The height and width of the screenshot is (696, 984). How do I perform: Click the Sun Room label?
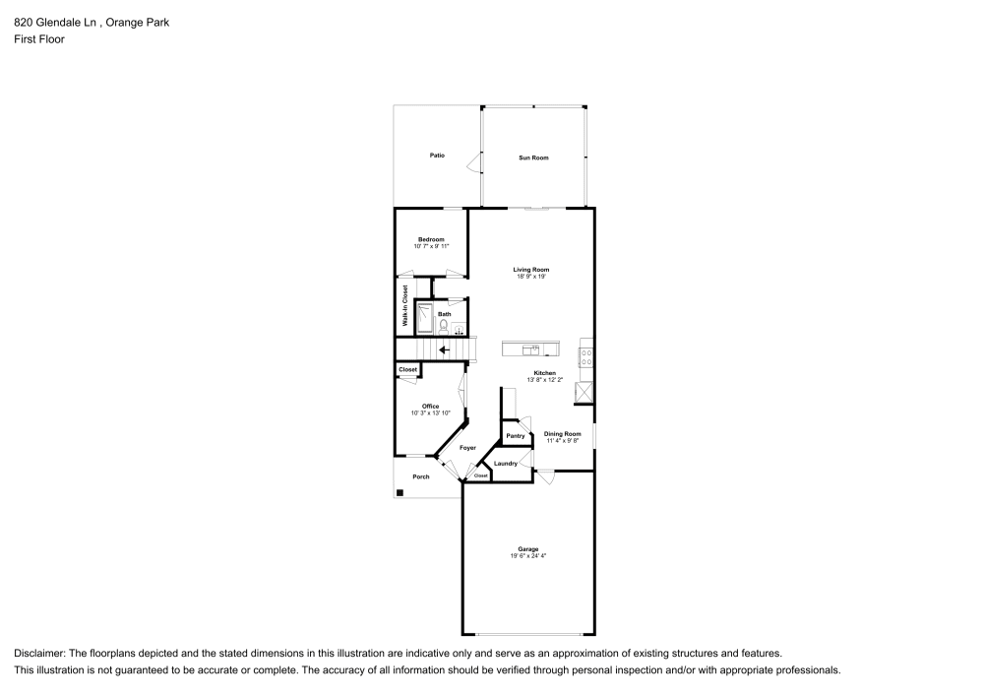[x=533, y=158]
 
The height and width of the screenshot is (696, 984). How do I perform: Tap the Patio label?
[x=437, y=156]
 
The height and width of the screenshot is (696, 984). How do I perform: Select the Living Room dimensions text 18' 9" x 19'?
[x=531, y=277]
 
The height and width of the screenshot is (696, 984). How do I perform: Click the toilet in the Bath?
[x=444, y=325]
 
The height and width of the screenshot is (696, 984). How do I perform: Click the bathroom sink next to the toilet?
[x=459, y=330]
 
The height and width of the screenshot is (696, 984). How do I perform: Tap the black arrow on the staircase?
[x=444, y=348]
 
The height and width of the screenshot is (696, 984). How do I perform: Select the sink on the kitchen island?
[x=531, y=348]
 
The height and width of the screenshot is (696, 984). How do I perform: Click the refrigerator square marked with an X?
[x=585, y=392]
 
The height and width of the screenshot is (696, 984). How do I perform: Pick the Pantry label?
[x=515, y=435]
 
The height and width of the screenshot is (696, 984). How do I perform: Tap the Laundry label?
[x=506, y=464]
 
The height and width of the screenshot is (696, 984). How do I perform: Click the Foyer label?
[x=467, y=448]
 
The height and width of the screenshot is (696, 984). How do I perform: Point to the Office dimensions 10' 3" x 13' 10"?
[x=430, y=412]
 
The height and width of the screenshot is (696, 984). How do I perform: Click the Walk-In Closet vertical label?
[x=404, y=305]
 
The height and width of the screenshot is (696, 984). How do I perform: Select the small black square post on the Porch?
[x=400, y=492]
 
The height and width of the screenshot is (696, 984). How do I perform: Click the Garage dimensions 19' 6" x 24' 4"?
[x=528, y=556]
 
